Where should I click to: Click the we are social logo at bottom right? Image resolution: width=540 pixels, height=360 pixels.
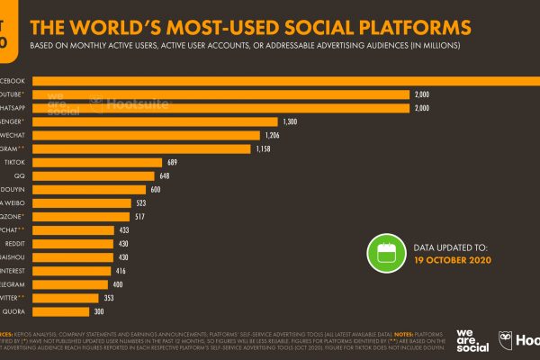pyautogui.click(x=473, y=339)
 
